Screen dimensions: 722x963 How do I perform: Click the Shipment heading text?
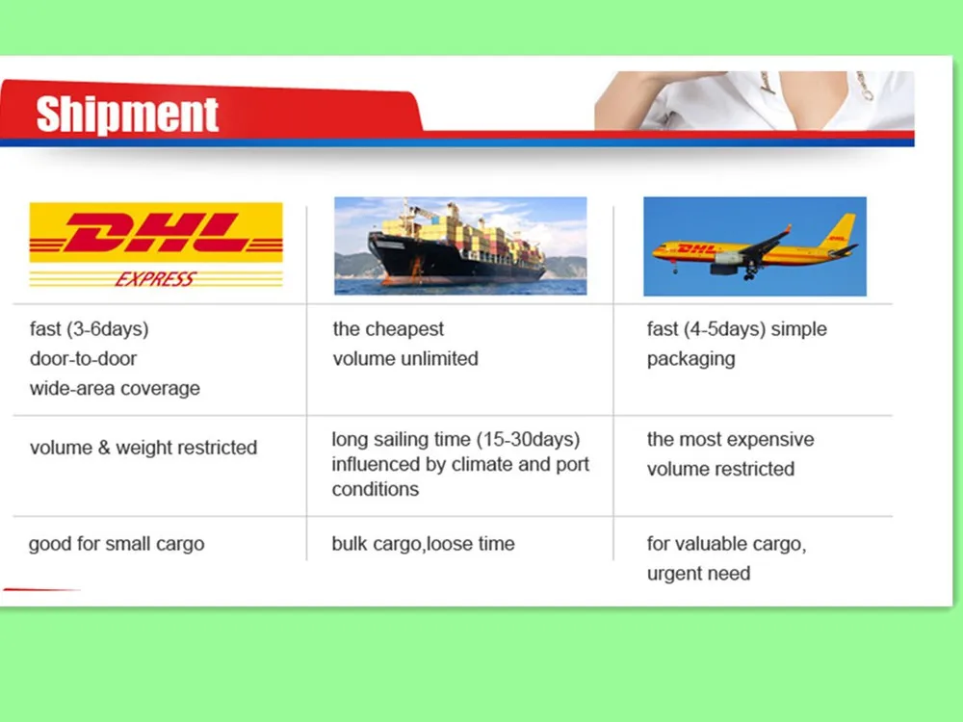tap(127, 115)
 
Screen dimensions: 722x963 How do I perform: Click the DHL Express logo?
tap(156, 245)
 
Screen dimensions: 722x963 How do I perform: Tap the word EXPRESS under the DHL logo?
tap(155, 279)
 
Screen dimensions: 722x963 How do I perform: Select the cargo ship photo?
tap(460, 245)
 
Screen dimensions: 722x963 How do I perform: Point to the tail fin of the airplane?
tap(841, 230)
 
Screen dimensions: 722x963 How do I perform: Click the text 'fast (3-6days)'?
tap(89, 329)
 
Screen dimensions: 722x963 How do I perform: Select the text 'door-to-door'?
tap(83, 359)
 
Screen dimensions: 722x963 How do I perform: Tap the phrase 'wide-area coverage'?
tap(115, 389)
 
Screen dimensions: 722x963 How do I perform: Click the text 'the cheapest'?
tap(388, 329)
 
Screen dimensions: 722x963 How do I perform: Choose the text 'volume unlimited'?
tap(405, 359)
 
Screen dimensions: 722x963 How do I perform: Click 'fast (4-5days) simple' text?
tap(737, 329)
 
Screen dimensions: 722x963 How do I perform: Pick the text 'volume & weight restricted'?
tap(143, 448)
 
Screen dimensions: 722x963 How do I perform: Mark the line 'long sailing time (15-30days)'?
tap(455, 440)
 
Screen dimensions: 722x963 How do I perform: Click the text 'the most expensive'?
tap(730, 440)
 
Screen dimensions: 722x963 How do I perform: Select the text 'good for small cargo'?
tap(117, 544)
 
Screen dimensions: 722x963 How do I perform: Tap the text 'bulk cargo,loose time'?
tap(423, 544)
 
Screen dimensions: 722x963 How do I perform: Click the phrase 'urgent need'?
tap(698, 574)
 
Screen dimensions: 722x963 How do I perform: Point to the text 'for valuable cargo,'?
tap(726, 544)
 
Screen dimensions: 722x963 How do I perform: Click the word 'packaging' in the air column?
tap(690, 359)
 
